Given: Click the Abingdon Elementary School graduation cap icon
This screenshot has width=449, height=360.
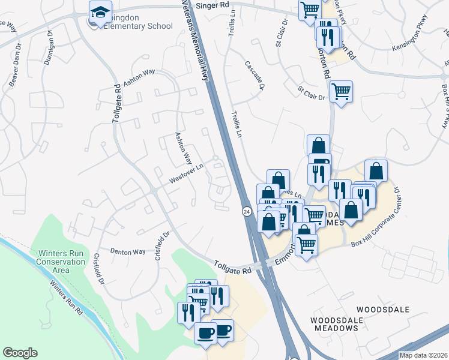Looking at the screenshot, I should tap(101, 12).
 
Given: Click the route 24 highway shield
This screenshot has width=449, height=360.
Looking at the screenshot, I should tap(247, 211).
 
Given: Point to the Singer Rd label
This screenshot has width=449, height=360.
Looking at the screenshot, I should tap(216, 5).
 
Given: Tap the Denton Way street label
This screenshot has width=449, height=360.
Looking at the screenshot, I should tap(127, 251).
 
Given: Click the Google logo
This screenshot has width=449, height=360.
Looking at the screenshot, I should tap(20, 353).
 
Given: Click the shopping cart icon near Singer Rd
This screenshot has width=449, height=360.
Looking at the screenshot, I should tap(309, 8).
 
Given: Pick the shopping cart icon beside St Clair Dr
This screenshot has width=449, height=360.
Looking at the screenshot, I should tap(341, 91).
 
